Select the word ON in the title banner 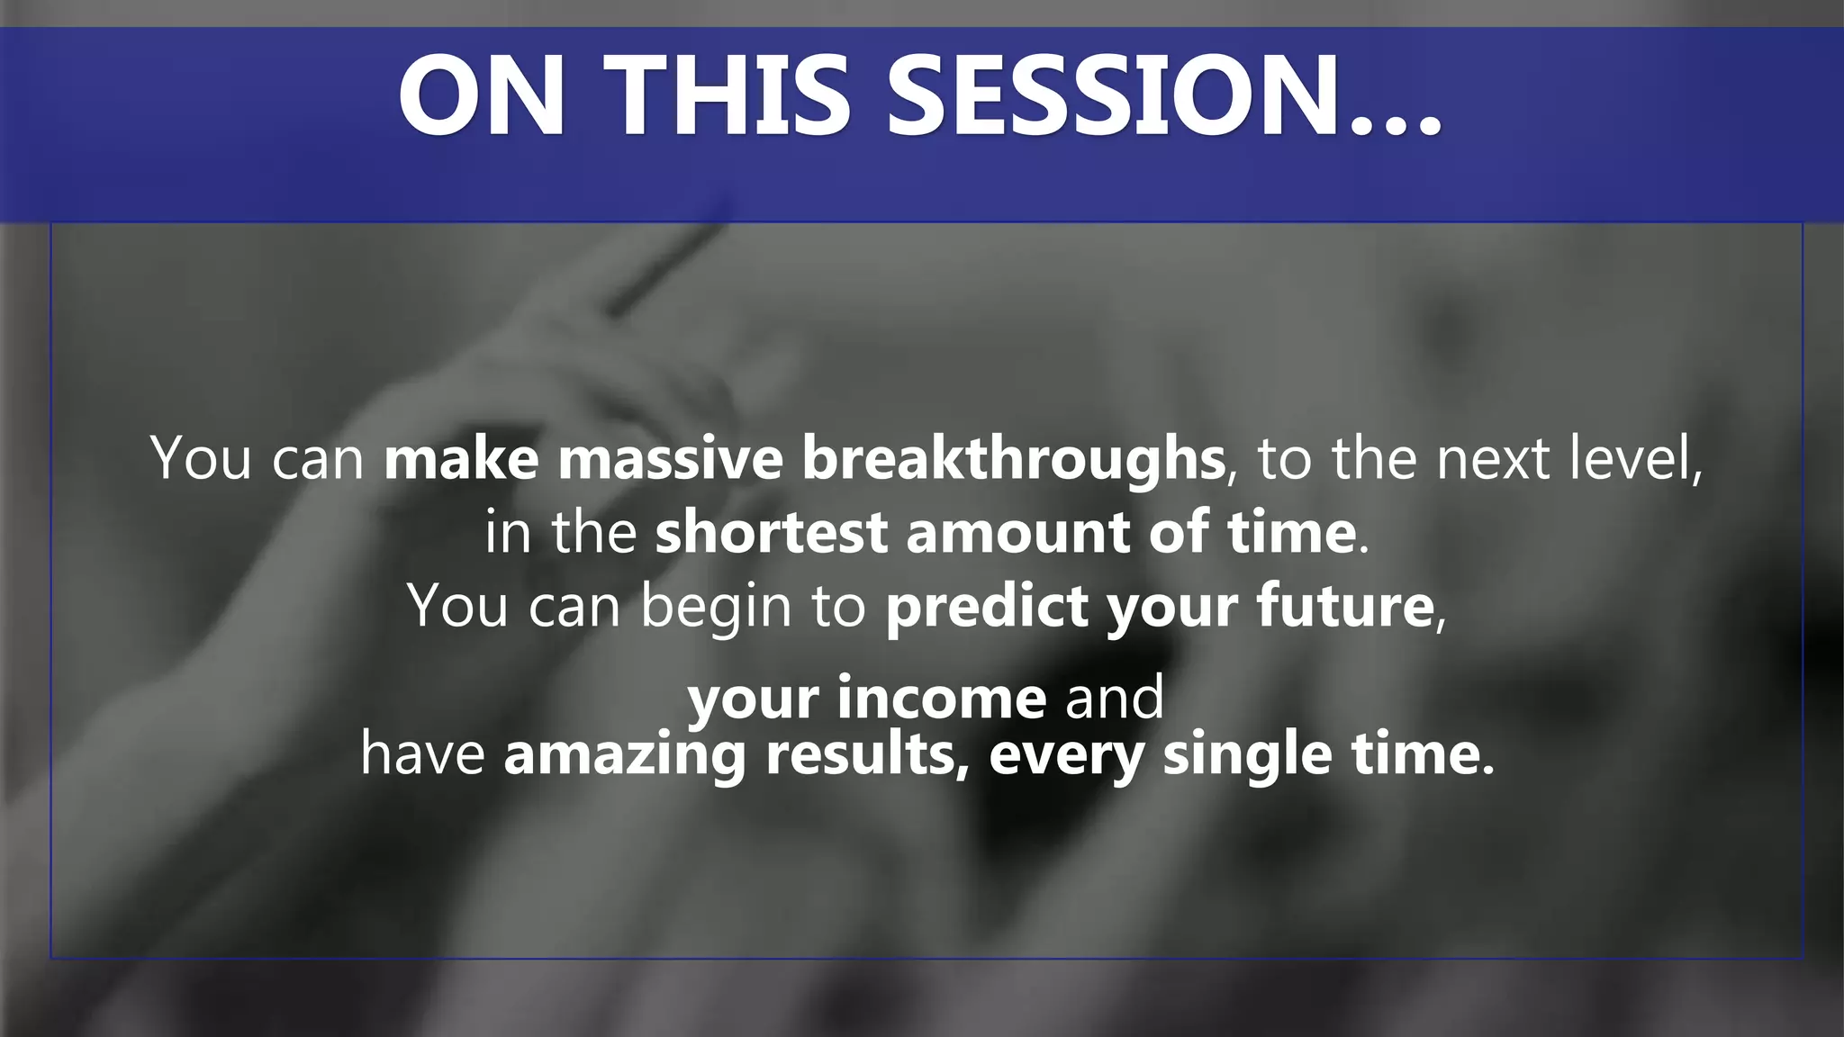(482, 95)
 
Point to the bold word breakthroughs (1013, 458)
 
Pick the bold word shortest (772, 532)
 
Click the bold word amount (1017, 532)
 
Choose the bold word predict (987, 606)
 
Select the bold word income (941, 698)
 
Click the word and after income (1115, 698)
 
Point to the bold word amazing (625, 754)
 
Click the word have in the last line (423, 754)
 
